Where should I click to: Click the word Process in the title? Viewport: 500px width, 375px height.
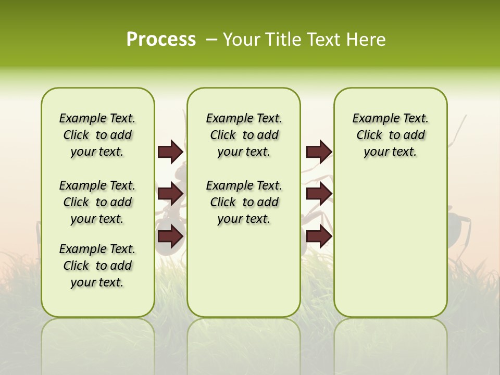click(161, 39)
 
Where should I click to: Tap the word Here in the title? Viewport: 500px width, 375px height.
click(367, 40)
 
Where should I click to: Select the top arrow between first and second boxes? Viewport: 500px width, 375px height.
click(170, 152)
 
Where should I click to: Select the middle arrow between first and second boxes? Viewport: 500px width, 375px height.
click(170, 194)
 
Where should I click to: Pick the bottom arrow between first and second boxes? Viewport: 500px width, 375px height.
click(170, 237)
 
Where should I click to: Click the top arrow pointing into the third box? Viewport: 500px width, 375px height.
click(319, 152)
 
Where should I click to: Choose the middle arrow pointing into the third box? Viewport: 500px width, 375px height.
click(319, 194)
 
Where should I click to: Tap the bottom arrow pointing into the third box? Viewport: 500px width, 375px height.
click(319, 237)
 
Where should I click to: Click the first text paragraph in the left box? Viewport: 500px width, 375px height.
click(97, 135)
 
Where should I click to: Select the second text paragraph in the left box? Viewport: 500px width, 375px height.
click(97, 202)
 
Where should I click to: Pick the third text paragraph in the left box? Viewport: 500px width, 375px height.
click(97, 266)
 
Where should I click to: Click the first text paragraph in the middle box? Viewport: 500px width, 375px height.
click(244, 135)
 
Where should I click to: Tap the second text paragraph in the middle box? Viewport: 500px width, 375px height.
click(244, 202)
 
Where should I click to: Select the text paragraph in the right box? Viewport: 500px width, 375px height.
click(390, 135)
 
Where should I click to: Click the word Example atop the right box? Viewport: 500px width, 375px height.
click(371, 118)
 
